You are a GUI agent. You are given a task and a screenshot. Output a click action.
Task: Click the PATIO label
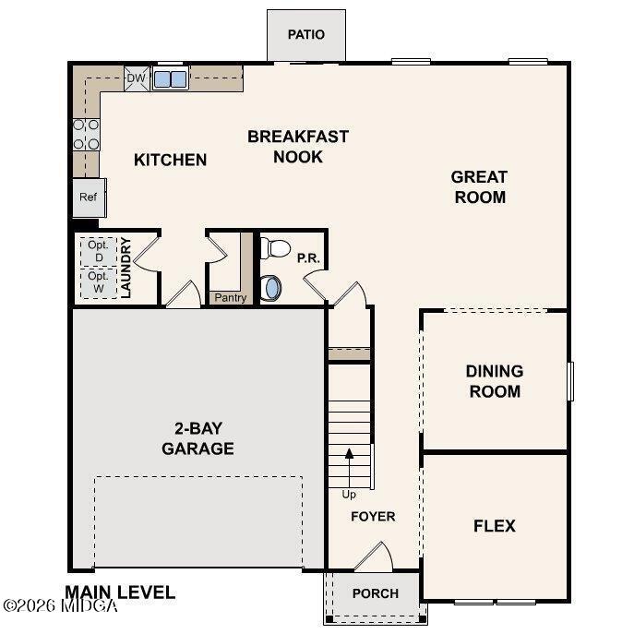click(x=305, y=35)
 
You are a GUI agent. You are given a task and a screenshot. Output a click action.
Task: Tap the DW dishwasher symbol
click(x=136, y=79)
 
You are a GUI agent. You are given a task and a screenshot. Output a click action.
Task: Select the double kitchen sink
click(x=170, y=79)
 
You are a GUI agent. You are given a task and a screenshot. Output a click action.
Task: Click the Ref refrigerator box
click(x=89, y=197)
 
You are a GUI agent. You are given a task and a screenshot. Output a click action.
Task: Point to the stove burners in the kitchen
click(x=86, y=134)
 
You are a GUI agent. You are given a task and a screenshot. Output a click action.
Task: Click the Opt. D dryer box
click(x=98, y=251)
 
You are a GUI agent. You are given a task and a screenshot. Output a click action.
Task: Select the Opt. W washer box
click(x=98, y=282)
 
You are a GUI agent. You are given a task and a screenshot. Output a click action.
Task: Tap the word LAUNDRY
click(x=127, y=269)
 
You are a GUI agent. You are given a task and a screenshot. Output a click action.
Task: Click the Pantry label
click(x=230, y=297)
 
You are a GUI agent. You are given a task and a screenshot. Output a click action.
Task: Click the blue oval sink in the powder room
click(x=272, y=288)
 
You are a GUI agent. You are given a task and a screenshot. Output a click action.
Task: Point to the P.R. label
click(x=308, y=259)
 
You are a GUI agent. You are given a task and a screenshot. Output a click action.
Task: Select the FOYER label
click(x=373, y=517)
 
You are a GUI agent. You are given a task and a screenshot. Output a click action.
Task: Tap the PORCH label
click(x=376, y=593)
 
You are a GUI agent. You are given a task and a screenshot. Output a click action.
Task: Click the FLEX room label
click(x=494, y=526)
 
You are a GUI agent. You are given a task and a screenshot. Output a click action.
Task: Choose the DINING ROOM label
click(x=494, y=381)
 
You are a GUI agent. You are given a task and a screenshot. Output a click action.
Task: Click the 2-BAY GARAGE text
click(x=197, y=438)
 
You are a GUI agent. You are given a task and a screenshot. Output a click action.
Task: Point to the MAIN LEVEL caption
click(x=120, y=592)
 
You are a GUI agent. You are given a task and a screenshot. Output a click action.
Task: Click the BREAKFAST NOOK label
click(x=298, y=147)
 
